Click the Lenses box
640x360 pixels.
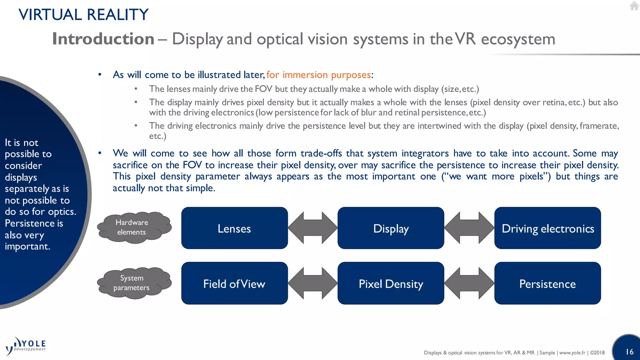(234, 228)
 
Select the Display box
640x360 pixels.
(391, 228)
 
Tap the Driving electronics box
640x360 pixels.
(547, 228)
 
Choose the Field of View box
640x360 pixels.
(234, 283)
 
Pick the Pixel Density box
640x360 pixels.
(391, 283)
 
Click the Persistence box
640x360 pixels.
(547, 283)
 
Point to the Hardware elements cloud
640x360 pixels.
(134, 227)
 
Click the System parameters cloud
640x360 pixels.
(134, 283)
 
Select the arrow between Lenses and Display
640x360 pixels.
(312, 228)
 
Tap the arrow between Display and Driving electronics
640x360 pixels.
(469, 228)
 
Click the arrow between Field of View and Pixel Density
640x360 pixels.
(312, 283)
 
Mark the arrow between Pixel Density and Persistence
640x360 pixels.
(469, 283)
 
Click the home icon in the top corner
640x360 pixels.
(634, 6)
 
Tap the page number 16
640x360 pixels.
(629, 352)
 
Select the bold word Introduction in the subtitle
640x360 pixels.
(103, 39)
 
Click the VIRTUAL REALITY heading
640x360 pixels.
(83, 15)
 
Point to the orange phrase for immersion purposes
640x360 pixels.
(318, 75)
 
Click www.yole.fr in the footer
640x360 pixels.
(572, 352)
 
